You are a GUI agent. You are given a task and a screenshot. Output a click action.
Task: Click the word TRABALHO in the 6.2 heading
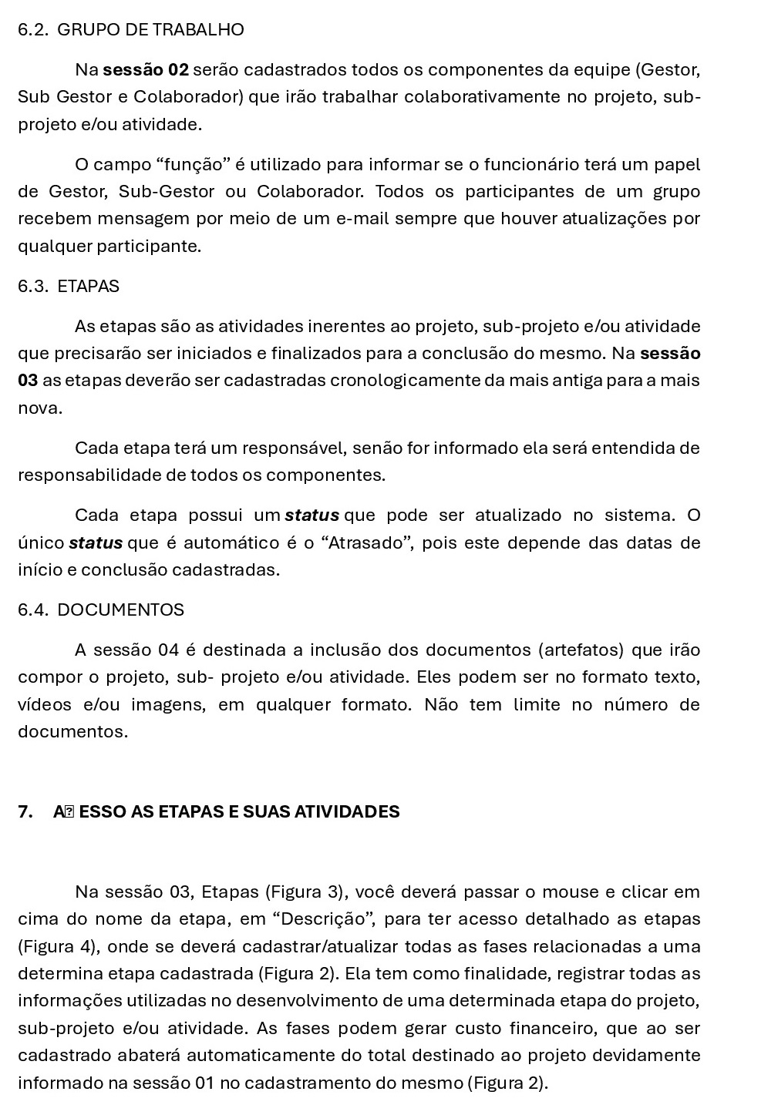[198, 30]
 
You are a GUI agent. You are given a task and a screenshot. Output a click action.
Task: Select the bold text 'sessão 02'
[146, 70]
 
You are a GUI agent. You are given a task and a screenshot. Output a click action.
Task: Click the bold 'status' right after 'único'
[96, 543]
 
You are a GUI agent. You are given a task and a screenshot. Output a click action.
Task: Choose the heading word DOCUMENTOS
[121, 610]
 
